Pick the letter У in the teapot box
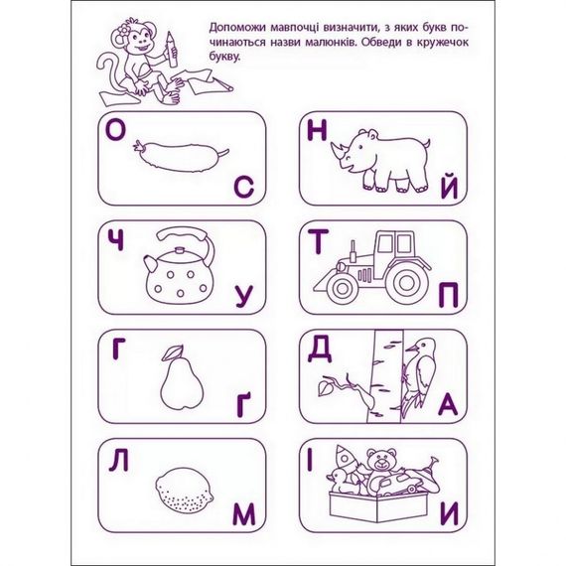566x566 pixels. pos(245,295)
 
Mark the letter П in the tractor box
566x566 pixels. pos(448,295)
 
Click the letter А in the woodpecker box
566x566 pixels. pos(448,404)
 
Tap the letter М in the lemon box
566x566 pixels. pos(244,512)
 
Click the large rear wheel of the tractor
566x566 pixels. pos(405,282)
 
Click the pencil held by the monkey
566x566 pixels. pos(173,46)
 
